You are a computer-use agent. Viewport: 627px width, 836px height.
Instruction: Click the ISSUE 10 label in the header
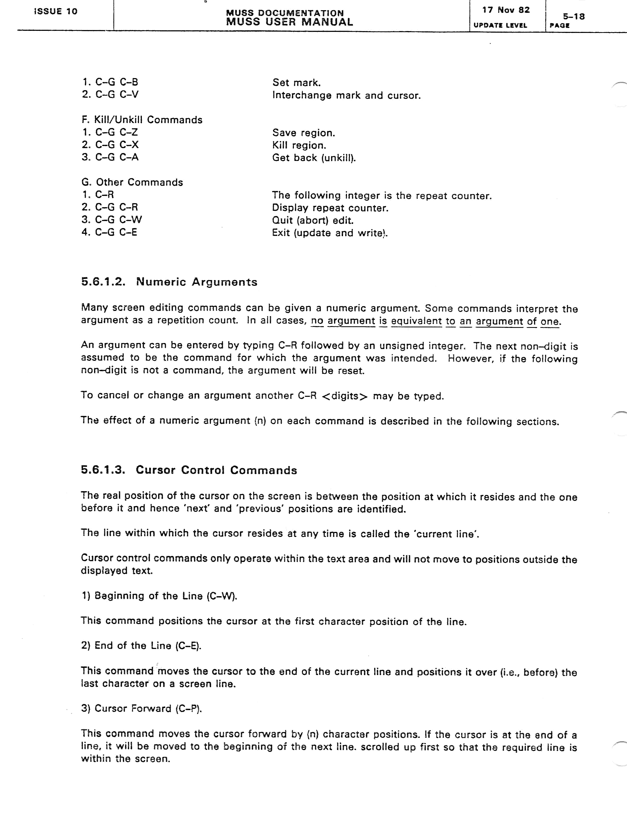[x=56, y=11]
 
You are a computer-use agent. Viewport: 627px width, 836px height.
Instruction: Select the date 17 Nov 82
[x=506, y=10]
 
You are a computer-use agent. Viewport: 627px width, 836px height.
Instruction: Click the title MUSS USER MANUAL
[x=289, y=22]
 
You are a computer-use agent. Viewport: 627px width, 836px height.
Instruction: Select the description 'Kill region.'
[x=299, y=146]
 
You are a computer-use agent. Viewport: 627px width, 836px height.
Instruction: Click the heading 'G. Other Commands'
[x=132, y=182]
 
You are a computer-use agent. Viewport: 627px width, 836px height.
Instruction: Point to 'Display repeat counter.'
[x=330, y=208]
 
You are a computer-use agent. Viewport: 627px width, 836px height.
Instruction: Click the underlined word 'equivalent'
[x=416, y=321]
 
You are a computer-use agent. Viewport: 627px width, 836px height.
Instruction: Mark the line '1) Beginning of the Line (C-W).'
[x=159, y=596]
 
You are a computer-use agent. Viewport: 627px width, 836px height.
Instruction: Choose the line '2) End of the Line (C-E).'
[x=141, y=646]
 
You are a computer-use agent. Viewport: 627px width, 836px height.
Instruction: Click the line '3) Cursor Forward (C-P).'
[x=141, y=708]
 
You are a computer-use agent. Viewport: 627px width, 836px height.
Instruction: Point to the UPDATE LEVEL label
[x=500, y=25]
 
